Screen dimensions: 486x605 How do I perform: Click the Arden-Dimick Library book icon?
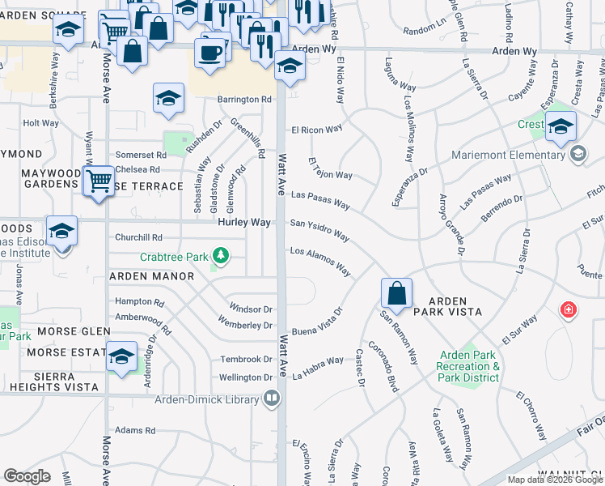click(x=273, y=398)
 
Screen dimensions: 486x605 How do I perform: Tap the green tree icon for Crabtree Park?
click(x=220, y=258)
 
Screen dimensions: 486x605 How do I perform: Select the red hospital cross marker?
click(x=569, y=310)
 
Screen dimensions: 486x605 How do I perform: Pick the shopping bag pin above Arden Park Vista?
click(x=396, y=292)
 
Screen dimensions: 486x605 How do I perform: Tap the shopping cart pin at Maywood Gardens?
click(x=99, y=180)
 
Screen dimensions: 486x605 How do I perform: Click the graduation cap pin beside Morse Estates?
click(x=121, y=356)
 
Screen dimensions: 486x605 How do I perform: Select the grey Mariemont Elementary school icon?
click(x=577, y=154)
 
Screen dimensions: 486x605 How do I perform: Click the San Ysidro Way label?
click(x=319, y=229)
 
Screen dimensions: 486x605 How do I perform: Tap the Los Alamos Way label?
click(x=320, y=261)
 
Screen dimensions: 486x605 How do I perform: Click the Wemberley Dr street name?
click(x=245, y=325)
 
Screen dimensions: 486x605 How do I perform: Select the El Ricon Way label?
click(x=317, y=129)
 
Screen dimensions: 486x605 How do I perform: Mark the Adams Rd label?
click(x=135, y=431)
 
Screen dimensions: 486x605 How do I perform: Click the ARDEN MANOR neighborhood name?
click(x=152, y=276)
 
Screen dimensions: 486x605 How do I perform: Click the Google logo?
click(x=27, y=476)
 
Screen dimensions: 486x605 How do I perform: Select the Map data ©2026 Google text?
click(x=555, y=480)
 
